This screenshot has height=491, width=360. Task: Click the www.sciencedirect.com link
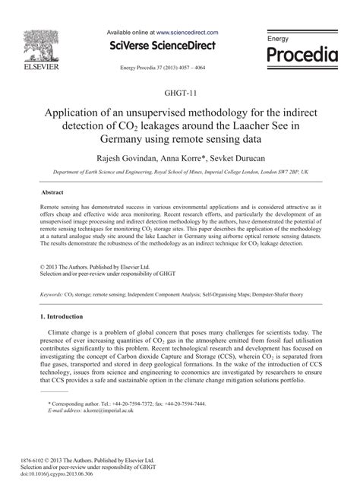[188, 33]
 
